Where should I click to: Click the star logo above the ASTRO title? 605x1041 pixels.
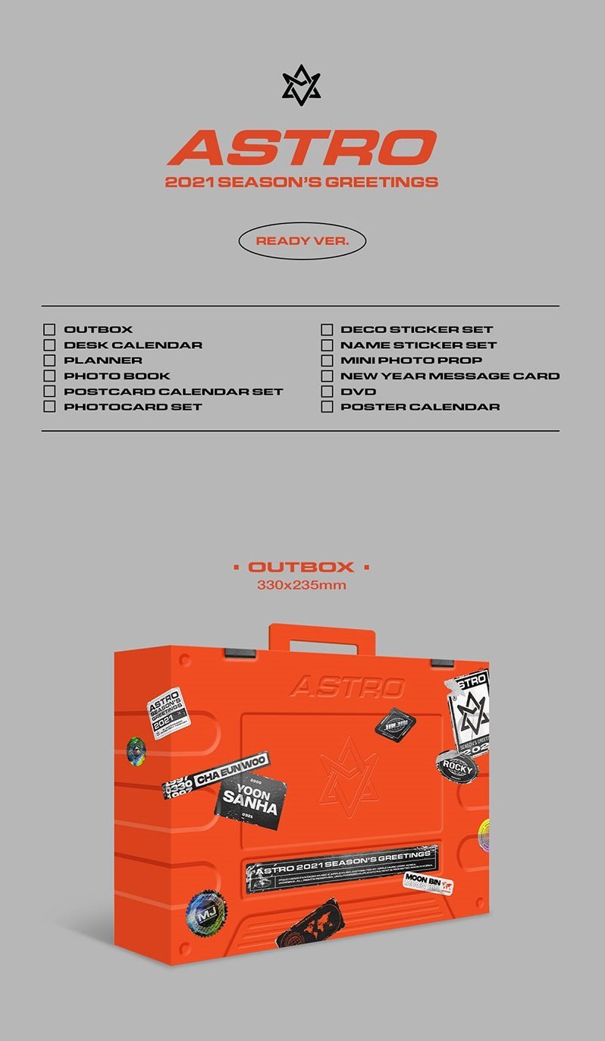[301, 85]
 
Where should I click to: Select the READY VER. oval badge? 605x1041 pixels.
[302, 241]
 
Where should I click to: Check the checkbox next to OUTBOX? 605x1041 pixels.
[49, 329]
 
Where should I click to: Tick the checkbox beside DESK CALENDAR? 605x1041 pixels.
[49, 344]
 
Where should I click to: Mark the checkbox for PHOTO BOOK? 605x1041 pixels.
[49, 376]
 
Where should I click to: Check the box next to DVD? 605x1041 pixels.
[327, 392]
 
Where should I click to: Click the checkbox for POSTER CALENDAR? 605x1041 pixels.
[327, 407]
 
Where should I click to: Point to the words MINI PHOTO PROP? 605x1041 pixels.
[411, 360]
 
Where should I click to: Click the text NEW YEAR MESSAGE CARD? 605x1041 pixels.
[450, 376]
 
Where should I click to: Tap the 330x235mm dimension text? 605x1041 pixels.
[301, 585]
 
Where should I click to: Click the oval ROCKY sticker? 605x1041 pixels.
[456, 767]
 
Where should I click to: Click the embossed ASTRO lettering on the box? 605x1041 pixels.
[346, 687]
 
